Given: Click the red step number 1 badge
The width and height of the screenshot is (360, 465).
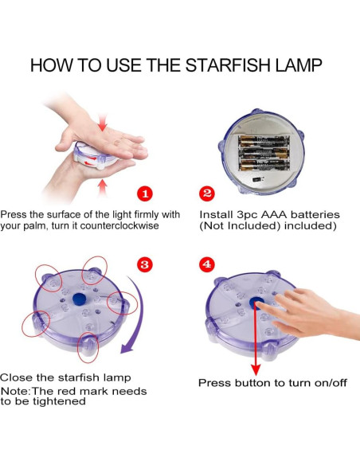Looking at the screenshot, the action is [x=145, y=193].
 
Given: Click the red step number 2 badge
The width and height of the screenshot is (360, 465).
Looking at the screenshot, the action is [x=207, y=193].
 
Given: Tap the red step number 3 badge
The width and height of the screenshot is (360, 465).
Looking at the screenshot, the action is [x=145, y=264].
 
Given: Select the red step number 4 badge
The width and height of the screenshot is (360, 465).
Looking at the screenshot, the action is [x=207, y=264].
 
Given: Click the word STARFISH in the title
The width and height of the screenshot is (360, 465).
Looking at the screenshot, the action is [x=228, y=65].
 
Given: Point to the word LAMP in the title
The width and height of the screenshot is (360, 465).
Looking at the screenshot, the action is [x=299, y=65].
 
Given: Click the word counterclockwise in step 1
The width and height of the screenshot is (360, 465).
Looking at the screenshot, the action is [x=119, y=225].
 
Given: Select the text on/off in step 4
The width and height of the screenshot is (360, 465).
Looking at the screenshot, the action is [x=331, y=382].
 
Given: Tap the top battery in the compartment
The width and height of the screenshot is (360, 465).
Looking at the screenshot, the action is [x=264, y=142].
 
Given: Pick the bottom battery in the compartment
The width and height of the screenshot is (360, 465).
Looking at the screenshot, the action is [x=264, y=165].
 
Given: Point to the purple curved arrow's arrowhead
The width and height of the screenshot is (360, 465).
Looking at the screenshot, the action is [x=126, y=348].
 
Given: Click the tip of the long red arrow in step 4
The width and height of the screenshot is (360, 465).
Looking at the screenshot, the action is [x=256, y=376].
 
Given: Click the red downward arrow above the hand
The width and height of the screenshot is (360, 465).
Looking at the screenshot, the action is [x=102, y=123].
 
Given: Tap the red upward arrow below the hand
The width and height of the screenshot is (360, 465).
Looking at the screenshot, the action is [x=102, y=188].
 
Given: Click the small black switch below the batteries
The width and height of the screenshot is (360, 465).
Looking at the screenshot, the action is [x=258, y=179].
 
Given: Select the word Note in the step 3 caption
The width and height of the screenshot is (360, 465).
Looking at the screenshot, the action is [x=15, y=391].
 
